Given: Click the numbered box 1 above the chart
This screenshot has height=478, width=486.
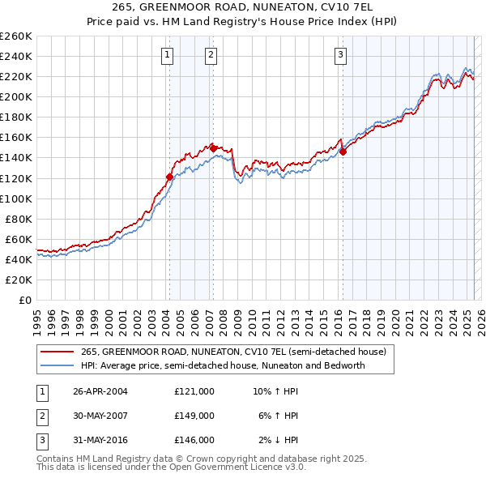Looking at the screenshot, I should (x=167, y=55).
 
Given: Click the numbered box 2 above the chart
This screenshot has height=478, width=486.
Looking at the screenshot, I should (x=211, y=55).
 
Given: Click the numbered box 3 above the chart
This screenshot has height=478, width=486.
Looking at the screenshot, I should (x=340, y=55).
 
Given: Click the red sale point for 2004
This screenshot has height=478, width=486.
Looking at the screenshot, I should (x=169, y=177).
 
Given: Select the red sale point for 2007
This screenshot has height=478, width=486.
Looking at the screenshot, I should (x=213, y=148).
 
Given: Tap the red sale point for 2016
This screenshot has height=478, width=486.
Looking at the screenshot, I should (x=343, y=152).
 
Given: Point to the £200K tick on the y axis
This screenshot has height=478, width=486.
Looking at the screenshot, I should (x=15, y=96).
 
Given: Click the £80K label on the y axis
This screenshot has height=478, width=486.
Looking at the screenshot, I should (x=19, y=219).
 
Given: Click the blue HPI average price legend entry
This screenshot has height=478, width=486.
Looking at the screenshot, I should (x=223, y=365).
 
